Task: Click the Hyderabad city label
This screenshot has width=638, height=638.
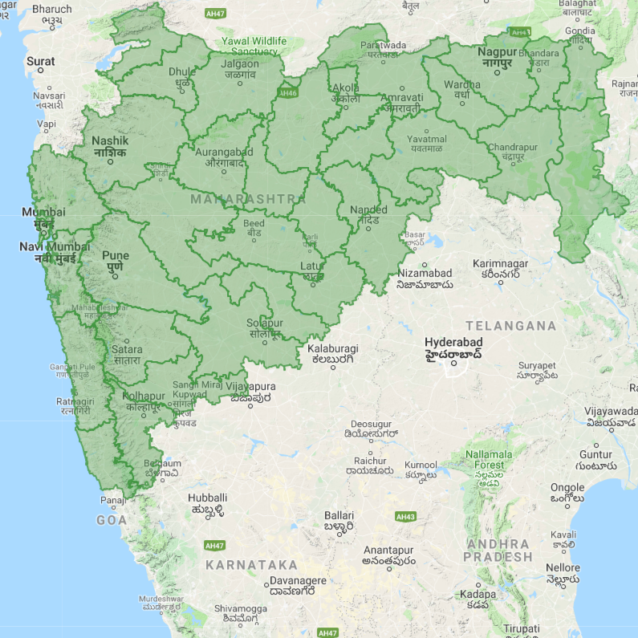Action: coord(453,347)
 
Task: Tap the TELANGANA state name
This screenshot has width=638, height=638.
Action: coord(510,326)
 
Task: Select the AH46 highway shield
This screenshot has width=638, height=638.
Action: coord(286,92)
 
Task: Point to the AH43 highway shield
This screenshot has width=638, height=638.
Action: coord(406,517)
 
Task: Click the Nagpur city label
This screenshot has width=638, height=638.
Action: coord(497,58)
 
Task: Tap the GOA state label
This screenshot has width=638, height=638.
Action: coord(112,520)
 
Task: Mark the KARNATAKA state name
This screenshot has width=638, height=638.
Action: coord(251,565)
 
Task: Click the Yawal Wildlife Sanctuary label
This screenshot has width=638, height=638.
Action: coord(253,46)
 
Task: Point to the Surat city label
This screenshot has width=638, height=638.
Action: coord(41,61)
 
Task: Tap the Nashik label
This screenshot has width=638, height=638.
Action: coord(110,146)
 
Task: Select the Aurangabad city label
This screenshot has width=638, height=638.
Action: coord(224,156)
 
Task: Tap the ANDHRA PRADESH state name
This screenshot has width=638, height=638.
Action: coord(498,550)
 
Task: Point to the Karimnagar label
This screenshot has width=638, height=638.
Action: coord(500,269)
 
